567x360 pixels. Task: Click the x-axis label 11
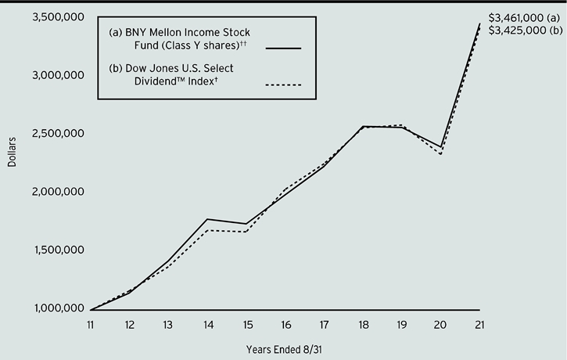[91, 326]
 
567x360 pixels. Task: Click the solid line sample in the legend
[284, 49]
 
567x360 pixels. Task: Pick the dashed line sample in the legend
[284, 85]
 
